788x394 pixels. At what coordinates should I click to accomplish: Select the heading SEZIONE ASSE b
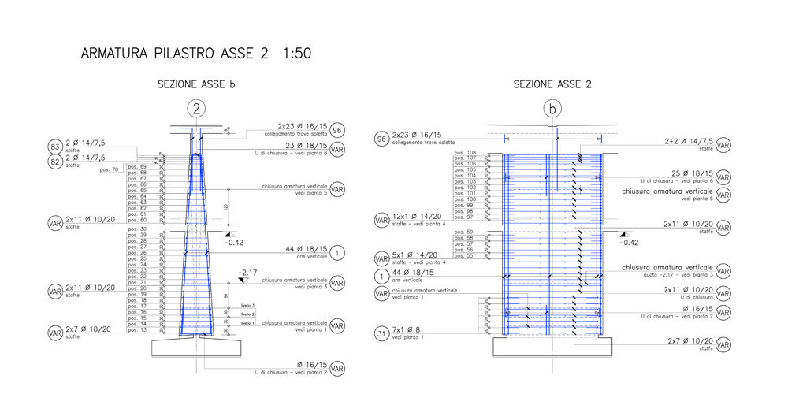point(196,84)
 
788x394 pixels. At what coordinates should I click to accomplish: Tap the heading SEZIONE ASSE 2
point(552,84)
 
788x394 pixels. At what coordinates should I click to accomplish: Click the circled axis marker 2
point(196,108)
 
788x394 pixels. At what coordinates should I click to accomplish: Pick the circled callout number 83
point(55,147)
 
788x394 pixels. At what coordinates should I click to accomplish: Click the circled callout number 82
point(55,162)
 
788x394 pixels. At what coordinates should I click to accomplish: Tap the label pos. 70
point(110,169)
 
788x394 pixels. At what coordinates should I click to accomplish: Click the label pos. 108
point(466,152)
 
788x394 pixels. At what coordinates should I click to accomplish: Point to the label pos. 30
point(138,229)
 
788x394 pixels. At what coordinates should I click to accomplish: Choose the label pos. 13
point(138,330)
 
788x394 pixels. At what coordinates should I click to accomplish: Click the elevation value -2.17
point(248,272)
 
